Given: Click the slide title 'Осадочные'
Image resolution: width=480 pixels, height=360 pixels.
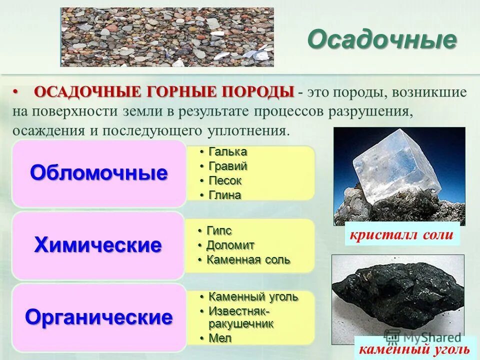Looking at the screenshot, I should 382,39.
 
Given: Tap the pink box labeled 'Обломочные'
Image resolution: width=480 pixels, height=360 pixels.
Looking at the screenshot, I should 99,173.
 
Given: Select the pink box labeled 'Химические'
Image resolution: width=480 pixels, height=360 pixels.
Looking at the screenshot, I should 99,245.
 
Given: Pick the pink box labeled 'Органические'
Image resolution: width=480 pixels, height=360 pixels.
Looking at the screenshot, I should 99,317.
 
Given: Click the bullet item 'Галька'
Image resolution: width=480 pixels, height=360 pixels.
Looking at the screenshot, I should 227,151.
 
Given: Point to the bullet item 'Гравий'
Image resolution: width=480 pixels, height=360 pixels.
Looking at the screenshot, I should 227,166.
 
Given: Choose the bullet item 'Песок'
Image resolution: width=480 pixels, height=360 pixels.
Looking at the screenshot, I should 224,180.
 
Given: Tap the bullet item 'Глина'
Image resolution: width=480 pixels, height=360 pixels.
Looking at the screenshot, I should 224,195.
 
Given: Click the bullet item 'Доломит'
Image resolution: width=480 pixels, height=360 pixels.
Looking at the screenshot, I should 230,245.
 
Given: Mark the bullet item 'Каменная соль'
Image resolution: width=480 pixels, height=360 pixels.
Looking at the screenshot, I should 248,260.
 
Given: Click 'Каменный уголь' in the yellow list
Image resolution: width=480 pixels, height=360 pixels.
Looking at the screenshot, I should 252,297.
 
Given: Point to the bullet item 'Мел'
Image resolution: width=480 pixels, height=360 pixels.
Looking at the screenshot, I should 220,338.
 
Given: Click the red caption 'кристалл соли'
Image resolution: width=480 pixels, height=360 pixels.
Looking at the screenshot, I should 402,235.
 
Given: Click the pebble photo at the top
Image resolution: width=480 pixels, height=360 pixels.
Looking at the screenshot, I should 167,37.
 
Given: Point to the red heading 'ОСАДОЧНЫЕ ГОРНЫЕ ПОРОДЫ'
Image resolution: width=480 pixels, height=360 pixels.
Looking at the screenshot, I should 164,92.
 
